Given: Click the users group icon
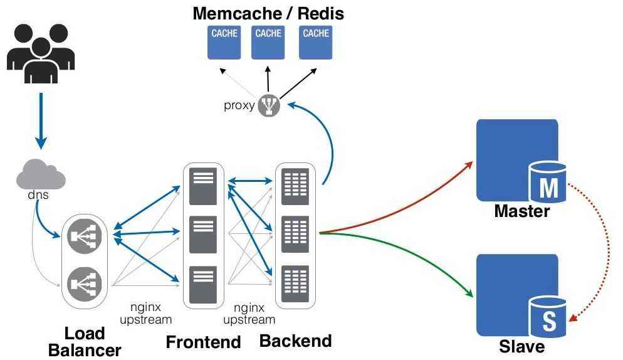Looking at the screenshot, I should [41, 53].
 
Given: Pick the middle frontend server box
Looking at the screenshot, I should [202, 234].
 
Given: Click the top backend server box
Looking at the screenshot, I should [295, 186].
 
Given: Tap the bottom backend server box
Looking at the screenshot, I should [295, 283].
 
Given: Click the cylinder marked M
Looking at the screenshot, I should [548, 183].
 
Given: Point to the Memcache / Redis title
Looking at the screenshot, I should [268, 13].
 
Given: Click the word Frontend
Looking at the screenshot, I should [203, 342].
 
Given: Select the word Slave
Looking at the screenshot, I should [521, 346].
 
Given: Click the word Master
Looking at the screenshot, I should [521, 211].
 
